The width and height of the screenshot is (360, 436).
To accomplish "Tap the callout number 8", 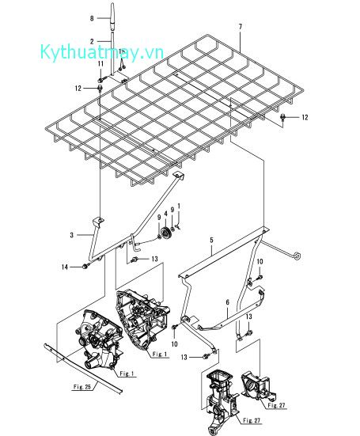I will point(92,17).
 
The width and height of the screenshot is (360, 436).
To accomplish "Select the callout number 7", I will point(240,27).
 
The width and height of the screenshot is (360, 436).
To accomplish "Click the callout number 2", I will point(92,40).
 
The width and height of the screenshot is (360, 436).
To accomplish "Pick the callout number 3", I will point(71,235).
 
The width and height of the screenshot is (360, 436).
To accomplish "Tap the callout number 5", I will point(211,239).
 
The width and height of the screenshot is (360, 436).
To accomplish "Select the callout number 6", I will point(228,301).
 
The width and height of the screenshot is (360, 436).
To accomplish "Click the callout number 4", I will point(165,211).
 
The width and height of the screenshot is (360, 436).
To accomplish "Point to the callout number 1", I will point(179,206).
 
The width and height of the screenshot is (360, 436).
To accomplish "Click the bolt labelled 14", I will point(82,267).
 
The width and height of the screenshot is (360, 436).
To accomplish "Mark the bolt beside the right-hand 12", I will point(282,117).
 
